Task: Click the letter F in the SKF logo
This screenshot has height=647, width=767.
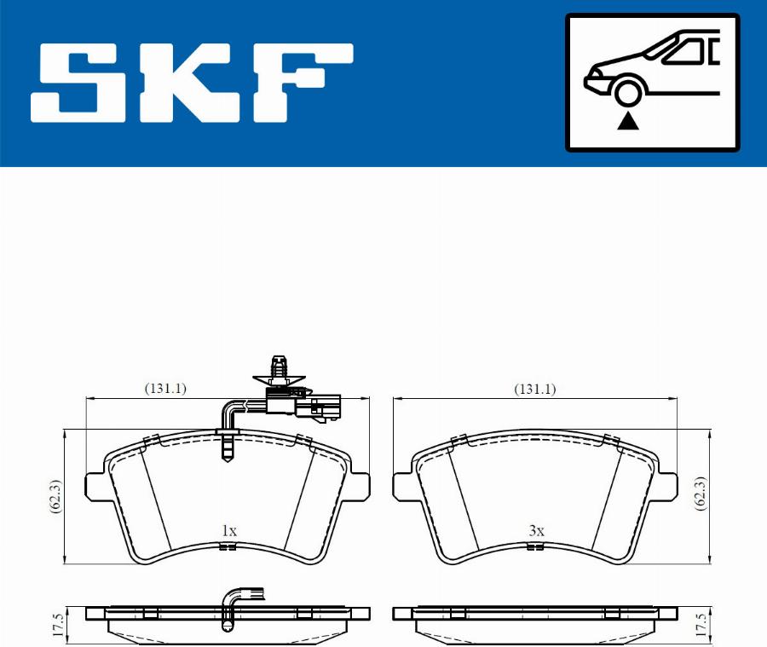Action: (303, 82)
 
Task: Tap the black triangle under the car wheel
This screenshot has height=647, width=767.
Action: (627, 120)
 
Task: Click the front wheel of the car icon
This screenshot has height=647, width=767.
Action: (627, 93)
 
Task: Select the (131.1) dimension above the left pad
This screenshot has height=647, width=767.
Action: (165, 389)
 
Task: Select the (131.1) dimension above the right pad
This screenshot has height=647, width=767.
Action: (534, 389)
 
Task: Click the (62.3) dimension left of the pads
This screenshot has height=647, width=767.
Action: (55, 496)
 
